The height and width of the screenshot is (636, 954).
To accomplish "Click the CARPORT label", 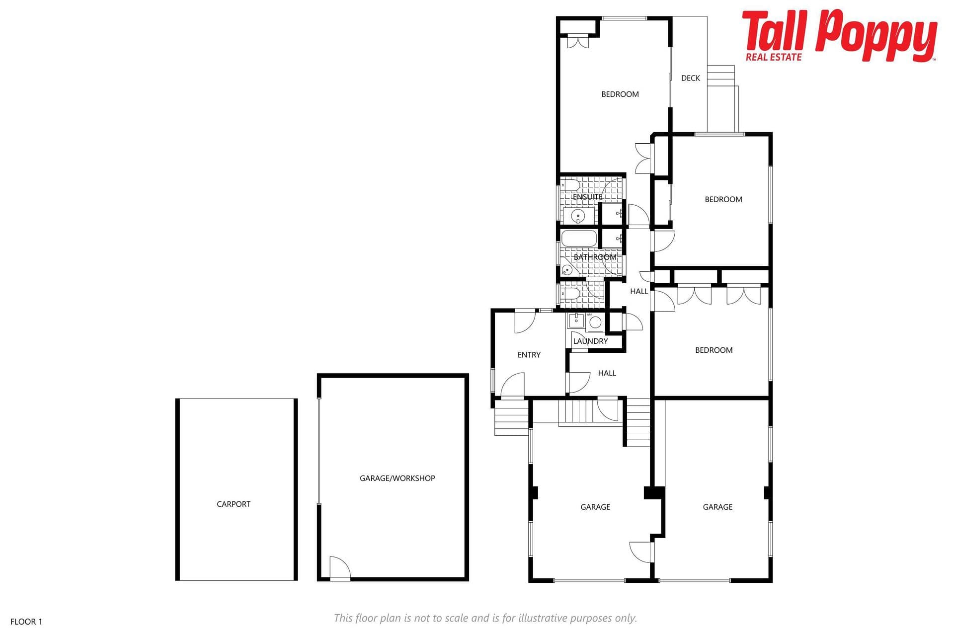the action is [x=234, y=504].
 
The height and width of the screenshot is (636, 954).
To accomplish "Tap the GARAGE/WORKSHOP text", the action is [x=397, y=478].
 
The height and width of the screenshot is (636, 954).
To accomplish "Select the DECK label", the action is [x=691, y=78].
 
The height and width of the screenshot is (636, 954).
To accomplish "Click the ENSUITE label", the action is [x=588, y=197].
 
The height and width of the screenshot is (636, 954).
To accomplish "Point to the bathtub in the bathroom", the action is [x=579, y=238].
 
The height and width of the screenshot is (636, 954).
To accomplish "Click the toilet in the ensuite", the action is [x=570, y=186].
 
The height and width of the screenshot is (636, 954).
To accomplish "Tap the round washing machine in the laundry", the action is [x=595, y=322].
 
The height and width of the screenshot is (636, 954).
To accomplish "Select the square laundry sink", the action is [x=576, y=320].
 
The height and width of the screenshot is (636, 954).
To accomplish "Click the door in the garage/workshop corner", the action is [x=340, y=567].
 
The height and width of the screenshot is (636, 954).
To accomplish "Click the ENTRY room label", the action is [x=529, y=355].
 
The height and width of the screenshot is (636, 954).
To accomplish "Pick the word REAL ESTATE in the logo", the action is [x=774, y=57].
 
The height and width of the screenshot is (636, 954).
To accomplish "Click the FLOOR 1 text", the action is [x=26, y=622].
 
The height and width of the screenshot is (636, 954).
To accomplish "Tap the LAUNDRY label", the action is [x=590, y=341].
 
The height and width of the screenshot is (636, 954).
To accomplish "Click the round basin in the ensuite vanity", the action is [x=578, y=216].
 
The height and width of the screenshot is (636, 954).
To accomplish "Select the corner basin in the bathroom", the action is [x=567, y=270].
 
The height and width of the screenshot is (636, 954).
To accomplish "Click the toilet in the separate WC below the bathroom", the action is [x=570, y=294].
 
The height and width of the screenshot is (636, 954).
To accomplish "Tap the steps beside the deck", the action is [x=721, y=76].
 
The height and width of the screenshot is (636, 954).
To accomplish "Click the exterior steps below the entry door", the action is [x=511, y=418].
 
